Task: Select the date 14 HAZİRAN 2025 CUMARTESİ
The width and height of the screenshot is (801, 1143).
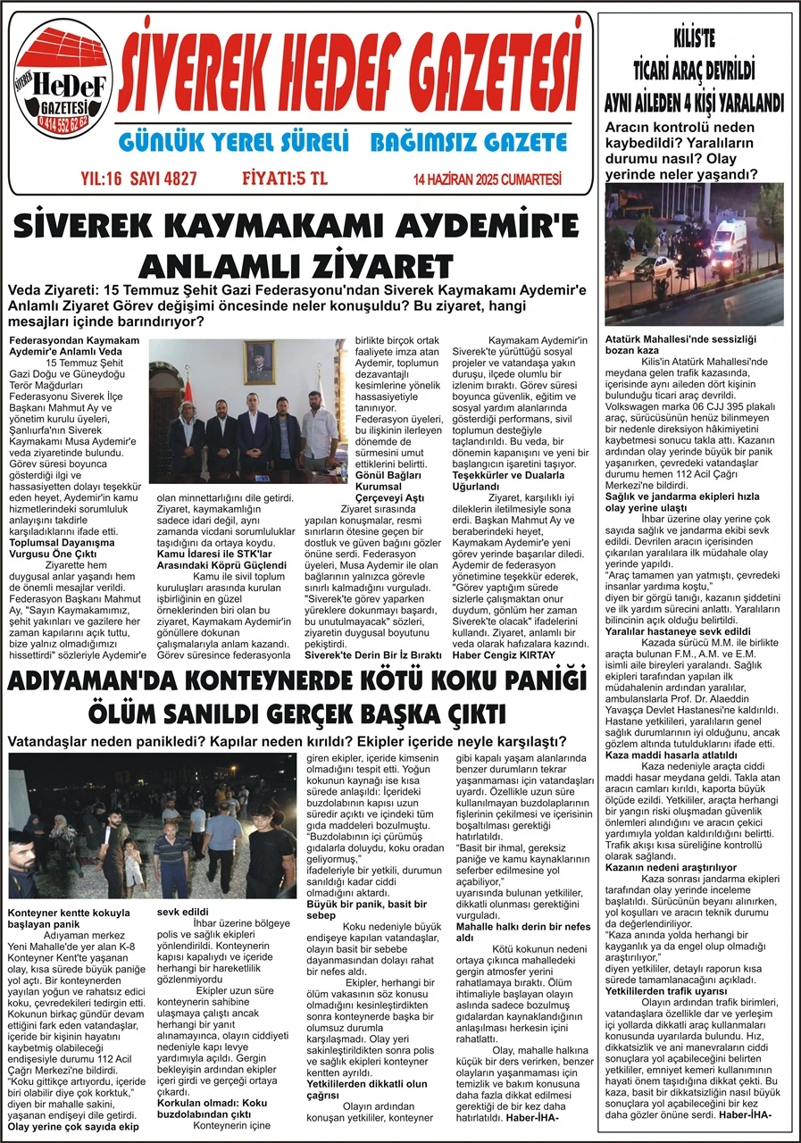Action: (x=488, y=179)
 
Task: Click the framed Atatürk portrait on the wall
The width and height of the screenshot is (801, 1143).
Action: (x=259, y=362)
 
